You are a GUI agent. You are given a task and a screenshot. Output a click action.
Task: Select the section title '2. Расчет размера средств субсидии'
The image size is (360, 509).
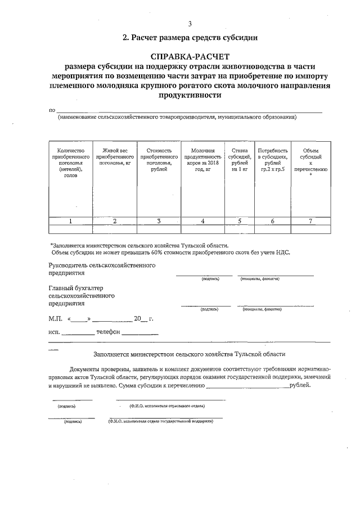point(190,38)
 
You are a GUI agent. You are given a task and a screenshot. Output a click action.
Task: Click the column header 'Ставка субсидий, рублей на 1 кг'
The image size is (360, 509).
point(240,160)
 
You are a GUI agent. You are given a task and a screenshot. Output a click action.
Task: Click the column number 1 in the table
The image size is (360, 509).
point(70,221)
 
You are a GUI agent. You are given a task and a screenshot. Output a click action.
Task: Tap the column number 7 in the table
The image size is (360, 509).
point(310,221)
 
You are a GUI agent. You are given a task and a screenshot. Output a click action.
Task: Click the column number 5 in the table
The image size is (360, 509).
point(240,221)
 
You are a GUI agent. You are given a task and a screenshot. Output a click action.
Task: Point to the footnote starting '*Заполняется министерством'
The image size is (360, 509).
point(139,246)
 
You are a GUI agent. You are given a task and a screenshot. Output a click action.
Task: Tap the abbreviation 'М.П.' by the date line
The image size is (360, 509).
point(56,318)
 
